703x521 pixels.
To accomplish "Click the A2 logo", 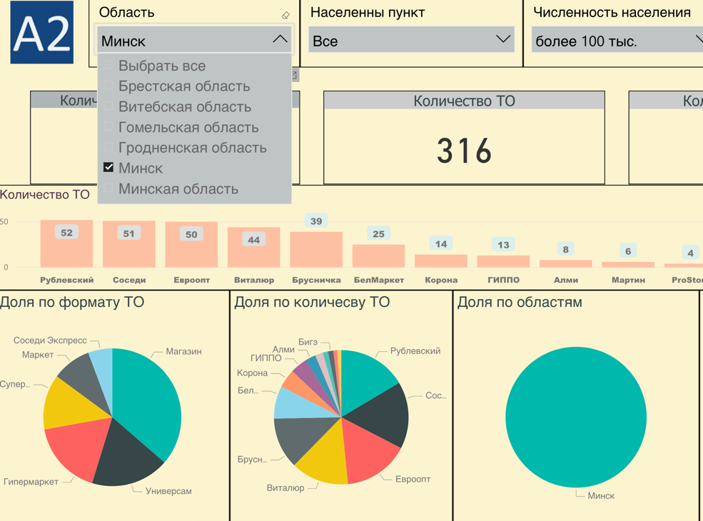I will click(x=42, y=33).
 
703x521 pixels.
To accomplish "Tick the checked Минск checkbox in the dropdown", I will click(x=108, y=168).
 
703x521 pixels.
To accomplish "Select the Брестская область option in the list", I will click(x=183, y=86).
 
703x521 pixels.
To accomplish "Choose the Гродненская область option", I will click(x=192, y=148).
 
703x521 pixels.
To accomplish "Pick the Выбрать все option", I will click(x=161, y=66).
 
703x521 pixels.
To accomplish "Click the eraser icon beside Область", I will click(x=285, y=15).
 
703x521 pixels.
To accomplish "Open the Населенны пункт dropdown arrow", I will click(x=502, y=40).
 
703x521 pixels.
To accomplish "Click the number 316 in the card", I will click(x=464, y=151).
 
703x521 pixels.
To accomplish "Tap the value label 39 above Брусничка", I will click(x=316, y=221).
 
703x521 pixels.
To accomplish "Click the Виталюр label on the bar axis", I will click(x=253, y=280).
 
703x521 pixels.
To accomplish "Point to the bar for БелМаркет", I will click(x=378, y=256).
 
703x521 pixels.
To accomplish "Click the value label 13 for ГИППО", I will click(x=503, y=245).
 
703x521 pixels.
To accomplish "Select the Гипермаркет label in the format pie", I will click(x=31, y=482).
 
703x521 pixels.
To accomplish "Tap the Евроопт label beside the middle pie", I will click(x=413, y=479).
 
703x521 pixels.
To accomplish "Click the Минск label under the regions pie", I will click(x=601, y=495).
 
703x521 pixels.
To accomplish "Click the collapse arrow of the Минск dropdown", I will click(x=280, y=40).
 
